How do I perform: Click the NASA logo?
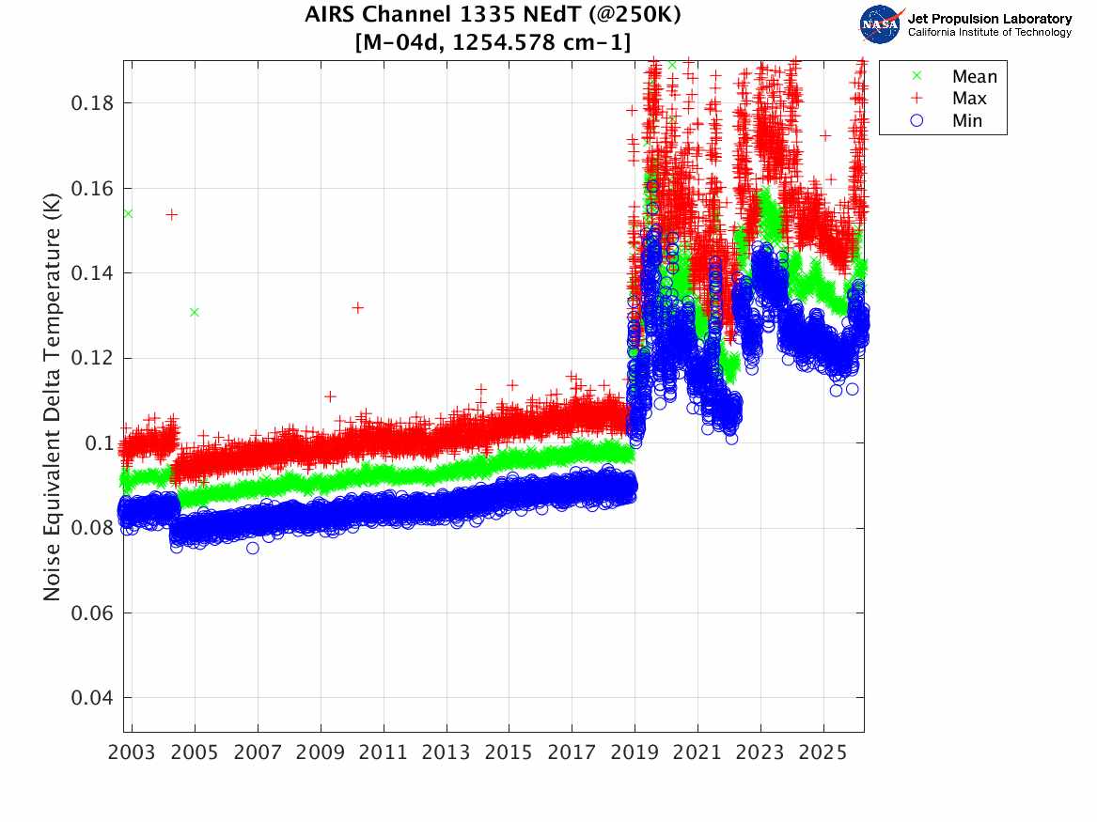tap(881, 23)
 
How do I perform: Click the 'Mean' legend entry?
tap(974, 77)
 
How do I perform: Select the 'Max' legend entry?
tap(969, 99)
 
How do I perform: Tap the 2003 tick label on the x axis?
tap(133, 753)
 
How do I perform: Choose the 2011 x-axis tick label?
tap(384, 753)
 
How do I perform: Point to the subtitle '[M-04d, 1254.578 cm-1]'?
tap(492, 41)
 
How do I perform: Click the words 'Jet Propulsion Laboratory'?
tap(989, 18)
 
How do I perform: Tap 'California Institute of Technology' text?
tap(989, 32)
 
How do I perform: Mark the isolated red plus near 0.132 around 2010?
tap(357, 307)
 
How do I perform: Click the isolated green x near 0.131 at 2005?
tap(194, 312)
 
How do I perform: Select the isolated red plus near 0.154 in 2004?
tap(172, 214)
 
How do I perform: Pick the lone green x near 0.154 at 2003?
tap(128, 213)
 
